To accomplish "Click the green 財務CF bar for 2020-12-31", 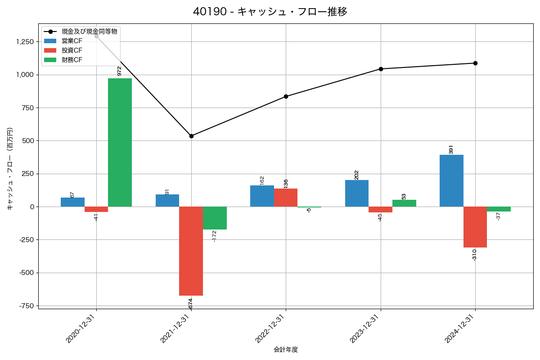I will click(120, 142).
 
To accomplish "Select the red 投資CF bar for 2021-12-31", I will click(191, 251).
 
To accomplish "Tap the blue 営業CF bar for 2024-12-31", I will click(451, 180).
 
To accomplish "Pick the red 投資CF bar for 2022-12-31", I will click(286, 198).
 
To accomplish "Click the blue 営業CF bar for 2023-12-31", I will click(357, 193).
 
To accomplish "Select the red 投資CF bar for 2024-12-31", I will click(475, 227).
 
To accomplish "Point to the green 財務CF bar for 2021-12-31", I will click(215, 218).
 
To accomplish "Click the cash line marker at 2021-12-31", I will click(191, 136).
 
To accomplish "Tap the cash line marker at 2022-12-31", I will click(286, 96).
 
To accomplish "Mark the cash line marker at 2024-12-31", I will click(475, 63).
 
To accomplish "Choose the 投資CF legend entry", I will click(72, 50).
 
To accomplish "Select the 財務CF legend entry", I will click(72, 59).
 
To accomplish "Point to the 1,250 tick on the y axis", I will click(24, 42).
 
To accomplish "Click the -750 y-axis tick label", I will click(26, 306).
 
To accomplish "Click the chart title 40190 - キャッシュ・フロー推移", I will click(270, 12).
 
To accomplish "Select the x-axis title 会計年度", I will click(286, 350).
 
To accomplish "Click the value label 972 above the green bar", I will click(119, 71).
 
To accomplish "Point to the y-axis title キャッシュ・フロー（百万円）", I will click(10, 168).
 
